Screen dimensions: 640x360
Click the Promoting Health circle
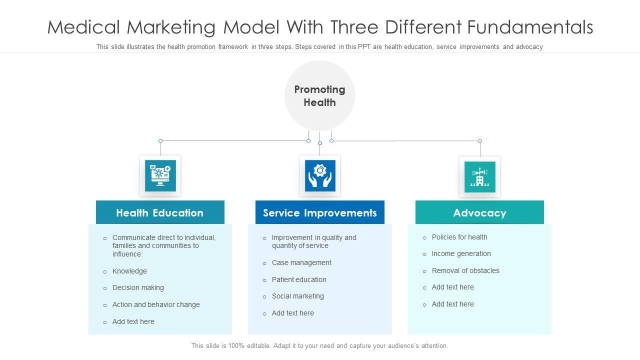(319, 95)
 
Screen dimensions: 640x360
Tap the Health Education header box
(160, 212)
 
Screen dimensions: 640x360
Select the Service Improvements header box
(320, 212)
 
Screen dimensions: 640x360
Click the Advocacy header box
(479, 212)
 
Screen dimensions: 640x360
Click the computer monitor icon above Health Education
(160, 175)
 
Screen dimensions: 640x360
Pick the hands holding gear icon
(320, 175)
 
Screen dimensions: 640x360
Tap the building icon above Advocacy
(479, 176)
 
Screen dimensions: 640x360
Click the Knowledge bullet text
(129, 271)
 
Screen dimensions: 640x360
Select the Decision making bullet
(138, 287)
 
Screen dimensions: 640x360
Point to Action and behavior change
(156, 304)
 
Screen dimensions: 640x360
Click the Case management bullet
(301, 262)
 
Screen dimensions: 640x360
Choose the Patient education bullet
(299, 279)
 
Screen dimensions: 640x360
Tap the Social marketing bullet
(297, 296)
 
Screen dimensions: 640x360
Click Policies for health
(459, 237)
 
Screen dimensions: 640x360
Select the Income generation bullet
(461, 253)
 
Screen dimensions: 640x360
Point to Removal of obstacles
(465, 270)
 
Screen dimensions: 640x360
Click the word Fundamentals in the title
(530, 27)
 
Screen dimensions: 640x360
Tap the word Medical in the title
(84, 27)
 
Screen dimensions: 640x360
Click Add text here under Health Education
(133, 321)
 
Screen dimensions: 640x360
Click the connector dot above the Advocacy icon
(480, 141)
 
